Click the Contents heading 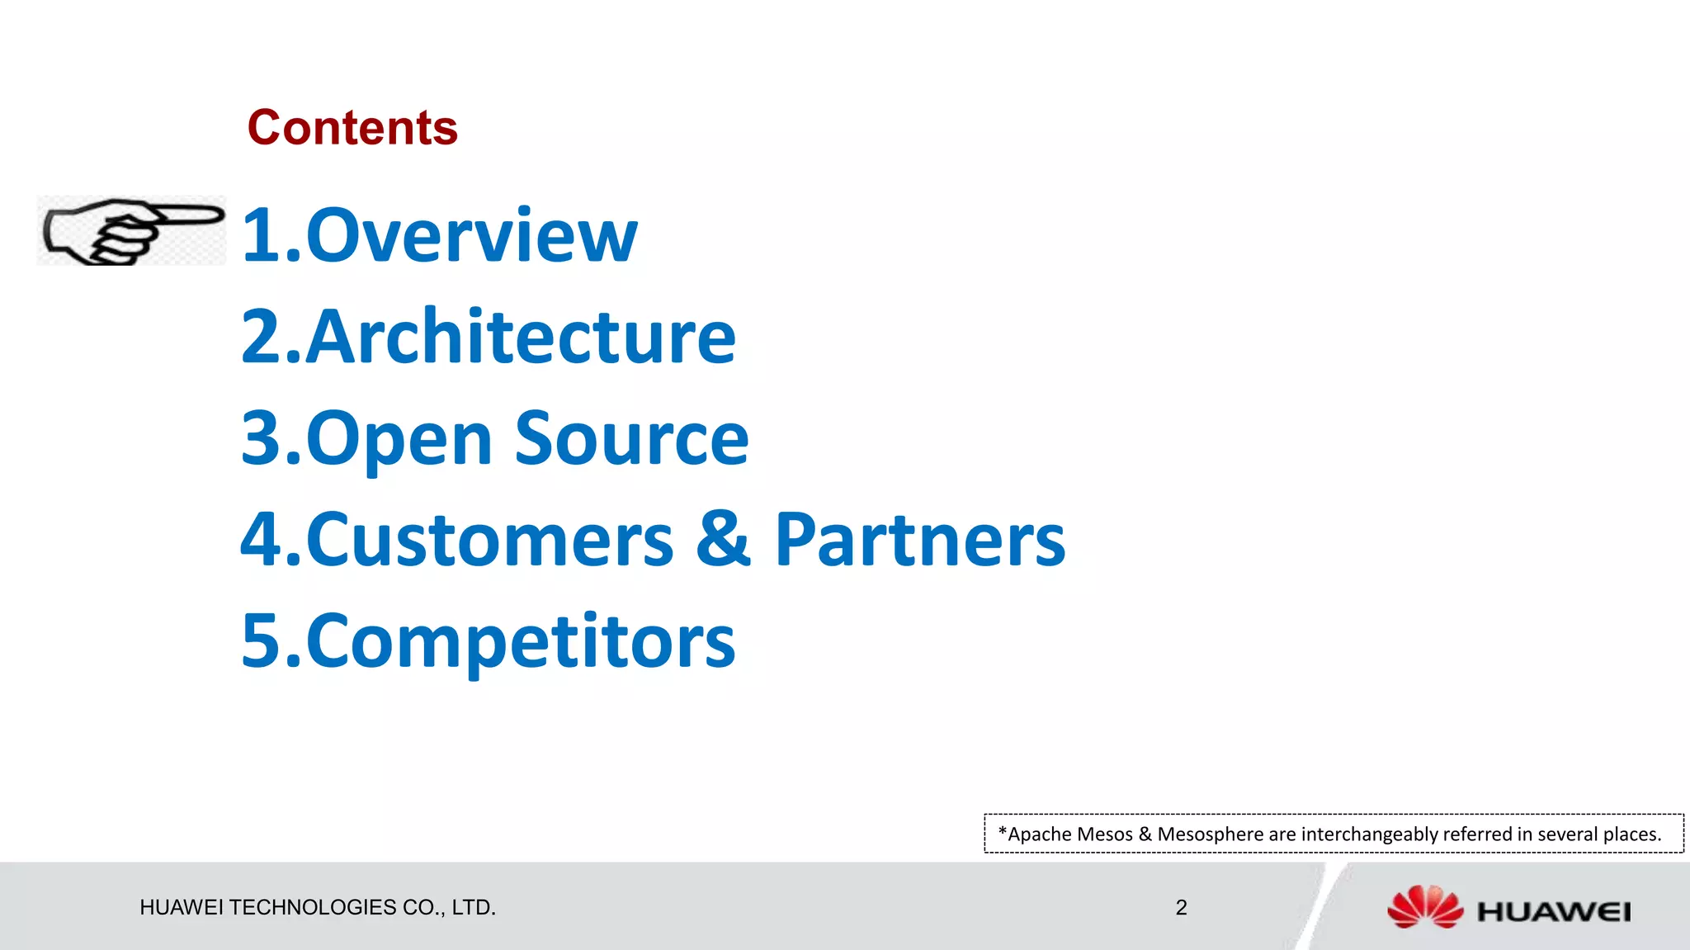coord(352,128)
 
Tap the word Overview coord(472,237)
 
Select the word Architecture coord(521,338)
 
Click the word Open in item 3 coord(399,439)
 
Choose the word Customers coord(490,541)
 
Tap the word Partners coord(919,541)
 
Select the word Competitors coord(521,642)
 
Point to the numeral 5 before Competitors coord(262,642)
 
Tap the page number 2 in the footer coord(1181,908)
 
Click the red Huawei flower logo coord(1424,907)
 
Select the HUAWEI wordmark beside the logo coord(1553,912)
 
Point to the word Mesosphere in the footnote coord(1209,834)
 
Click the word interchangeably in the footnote coord(1369,834)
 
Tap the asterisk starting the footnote coord(1002,832)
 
